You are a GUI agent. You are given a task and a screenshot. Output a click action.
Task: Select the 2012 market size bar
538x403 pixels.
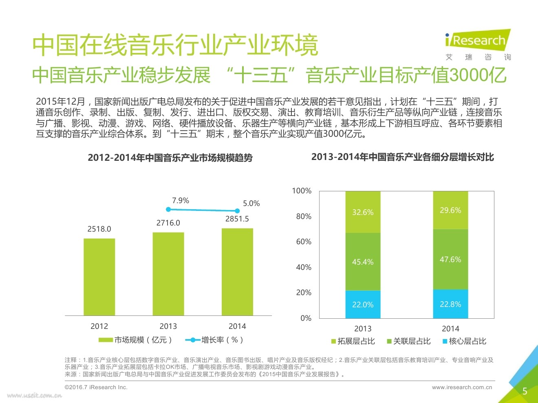[x=99, y=277]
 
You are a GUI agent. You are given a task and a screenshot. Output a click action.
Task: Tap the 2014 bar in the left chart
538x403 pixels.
[x=237, y=272]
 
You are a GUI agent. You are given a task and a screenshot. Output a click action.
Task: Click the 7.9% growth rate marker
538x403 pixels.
[x=168, y=210]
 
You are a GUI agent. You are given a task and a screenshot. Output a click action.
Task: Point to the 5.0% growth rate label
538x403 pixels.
[x=251, y=204]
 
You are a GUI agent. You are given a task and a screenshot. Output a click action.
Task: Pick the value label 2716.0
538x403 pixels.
[x=168, y=223]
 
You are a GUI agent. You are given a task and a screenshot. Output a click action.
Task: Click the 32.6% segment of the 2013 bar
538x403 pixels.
[x=363, y=212]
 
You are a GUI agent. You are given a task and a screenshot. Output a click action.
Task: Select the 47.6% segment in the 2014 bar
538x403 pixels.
[x=450, y=259]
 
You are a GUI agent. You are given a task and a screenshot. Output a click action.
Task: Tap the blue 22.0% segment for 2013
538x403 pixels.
[x=363, y=304]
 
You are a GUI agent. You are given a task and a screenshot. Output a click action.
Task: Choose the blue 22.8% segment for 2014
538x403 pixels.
[x=450, y=304]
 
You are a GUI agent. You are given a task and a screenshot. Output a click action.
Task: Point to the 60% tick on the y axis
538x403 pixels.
[x=304, y=242]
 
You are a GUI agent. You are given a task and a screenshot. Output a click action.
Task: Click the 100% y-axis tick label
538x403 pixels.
[x=302, y=191]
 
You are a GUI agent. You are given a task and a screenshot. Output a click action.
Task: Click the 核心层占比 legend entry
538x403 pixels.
[x=464, y=341]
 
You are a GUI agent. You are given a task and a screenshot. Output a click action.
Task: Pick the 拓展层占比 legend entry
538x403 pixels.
[x=353, y=341]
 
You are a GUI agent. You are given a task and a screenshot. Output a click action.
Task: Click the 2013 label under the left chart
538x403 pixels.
[x=168, y=326]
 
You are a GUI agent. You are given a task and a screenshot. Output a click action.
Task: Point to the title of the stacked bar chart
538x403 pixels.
[x=403, y=157]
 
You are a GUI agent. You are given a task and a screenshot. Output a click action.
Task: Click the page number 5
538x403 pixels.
[x=525, y=391]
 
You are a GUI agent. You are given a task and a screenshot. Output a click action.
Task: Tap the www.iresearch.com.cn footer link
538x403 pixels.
[x=462, y=388]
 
